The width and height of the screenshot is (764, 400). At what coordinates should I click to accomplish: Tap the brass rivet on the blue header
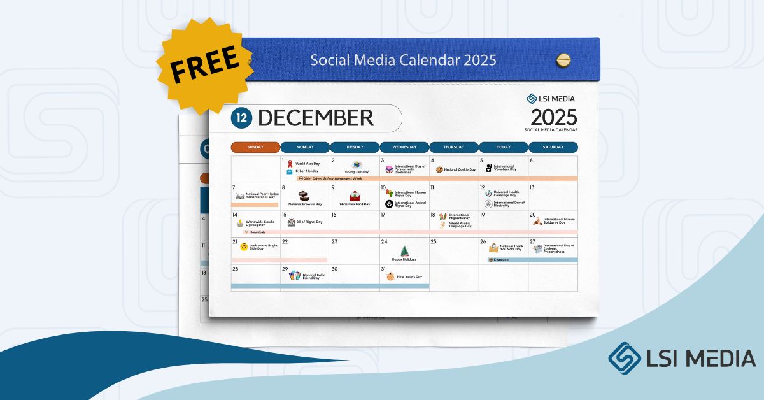[x=563, y=60]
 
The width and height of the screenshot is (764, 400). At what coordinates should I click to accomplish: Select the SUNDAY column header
[x=255, y=147]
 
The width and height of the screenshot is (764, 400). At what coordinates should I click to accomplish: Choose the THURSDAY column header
[x=454, y=147]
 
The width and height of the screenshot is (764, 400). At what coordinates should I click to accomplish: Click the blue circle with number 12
[x=241, y=118]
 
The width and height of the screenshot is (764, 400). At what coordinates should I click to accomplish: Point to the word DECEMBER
[x=316, y=118]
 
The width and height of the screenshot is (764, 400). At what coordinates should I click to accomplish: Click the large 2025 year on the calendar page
[x=553, y=117]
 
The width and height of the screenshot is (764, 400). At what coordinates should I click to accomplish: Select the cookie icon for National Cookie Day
[x=439, y=170]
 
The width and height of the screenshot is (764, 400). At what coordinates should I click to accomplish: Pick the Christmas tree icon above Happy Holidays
[x=404, y=251]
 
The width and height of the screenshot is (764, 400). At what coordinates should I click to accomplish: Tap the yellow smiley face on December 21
[x=244, y=246]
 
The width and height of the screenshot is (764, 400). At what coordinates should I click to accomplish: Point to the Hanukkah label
[x=257, y=232]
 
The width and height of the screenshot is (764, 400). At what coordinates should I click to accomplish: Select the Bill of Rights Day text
[x=309, y=222]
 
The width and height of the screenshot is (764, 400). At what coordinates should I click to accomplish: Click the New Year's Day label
[x=409, y=277]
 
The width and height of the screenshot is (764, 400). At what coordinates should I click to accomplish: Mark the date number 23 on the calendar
[x=334, y=242]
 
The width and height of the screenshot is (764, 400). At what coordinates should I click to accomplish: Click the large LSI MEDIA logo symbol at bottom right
[x=624, y=358]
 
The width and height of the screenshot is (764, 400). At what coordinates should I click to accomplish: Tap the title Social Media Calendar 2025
[x=403, y=60]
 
